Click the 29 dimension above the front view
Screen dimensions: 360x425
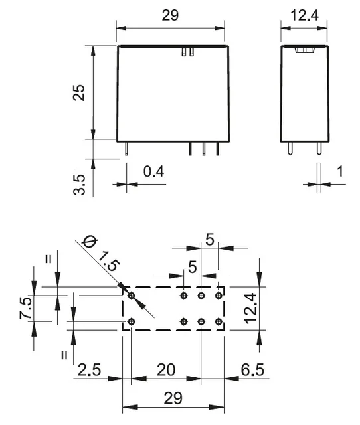coord(170,15)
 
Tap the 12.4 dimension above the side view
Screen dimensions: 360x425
coord(304,15)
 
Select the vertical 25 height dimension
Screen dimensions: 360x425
coord(79,93)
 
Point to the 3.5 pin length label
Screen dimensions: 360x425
coord(79,185)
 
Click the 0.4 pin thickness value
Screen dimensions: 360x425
coord(153,171)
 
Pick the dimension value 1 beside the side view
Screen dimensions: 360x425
coord(340,171)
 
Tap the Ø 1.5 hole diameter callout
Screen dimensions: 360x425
coord(101,254)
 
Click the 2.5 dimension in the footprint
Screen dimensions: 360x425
coord(89,370)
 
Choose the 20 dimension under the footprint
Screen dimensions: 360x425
coord(166,370)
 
